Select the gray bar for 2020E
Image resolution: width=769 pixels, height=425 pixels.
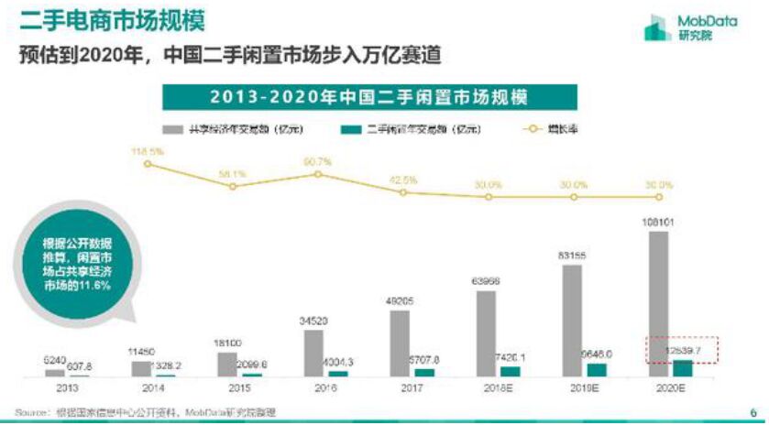[657, 303]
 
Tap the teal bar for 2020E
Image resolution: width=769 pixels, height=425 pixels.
[682, 367]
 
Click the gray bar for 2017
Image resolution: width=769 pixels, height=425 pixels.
[400, 343]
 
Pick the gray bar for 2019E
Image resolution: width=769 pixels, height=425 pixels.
[571, 321]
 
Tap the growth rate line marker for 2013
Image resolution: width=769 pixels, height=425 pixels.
[148, 165]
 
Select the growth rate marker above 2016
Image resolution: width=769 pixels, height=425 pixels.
[318, 173]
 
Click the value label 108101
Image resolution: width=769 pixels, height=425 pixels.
[657, 222]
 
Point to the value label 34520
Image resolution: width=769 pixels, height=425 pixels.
[313, 321]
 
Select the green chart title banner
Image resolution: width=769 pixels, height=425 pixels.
[369, 96]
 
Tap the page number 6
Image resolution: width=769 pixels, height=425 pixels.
[753, 411]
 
